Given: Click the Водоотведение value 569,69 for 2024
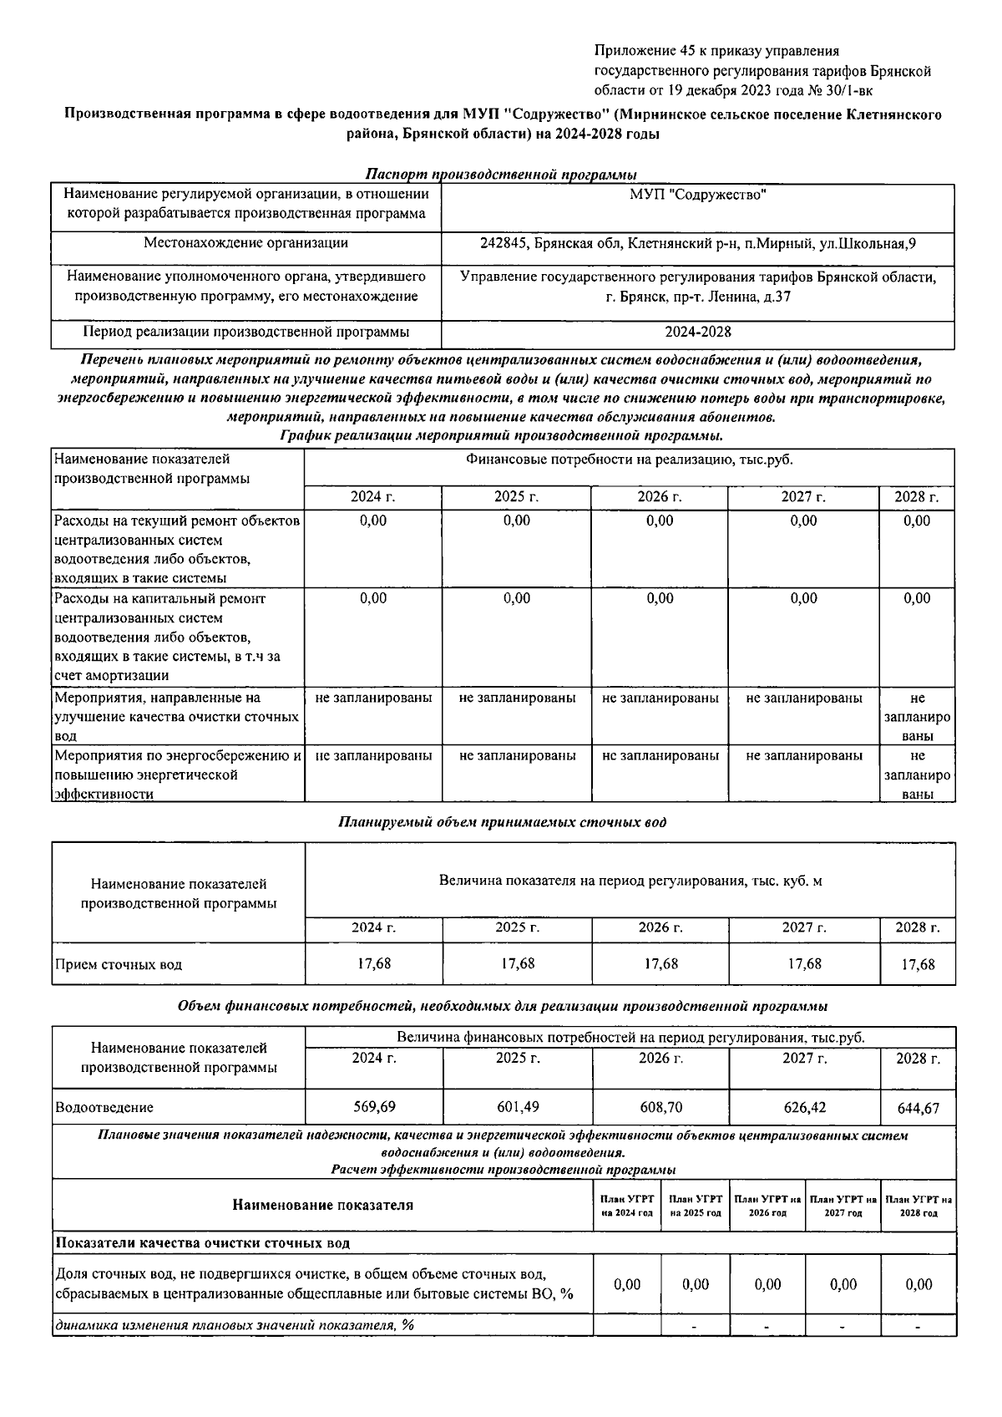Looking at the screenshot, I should (374, 1107).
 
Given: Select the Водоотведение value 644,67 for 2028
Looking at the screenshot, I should (918, 1109).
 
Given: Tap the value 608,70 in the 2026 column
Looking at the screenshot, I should (660, 1107).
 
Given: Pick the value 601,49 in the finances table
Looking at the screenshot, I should (518, 1107).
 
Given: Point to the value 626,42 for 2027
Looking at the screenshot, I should (804, 1107).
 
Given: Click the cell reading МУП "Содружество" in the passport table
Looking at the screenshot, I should (698, 195).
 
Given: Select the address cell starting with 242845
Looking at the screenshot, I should (698, 244).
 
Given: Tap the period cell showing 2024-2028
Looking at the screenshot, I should (698, 332).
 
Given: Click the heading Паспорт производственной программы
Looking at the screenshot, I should (501, 175).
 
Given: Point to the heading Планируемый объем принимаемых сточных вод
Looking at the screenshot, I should (502, 822).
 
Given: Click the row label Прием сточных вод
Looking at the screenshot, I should (119, 964).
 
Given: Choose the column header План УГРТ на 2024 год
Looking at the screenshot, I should (626, 1205).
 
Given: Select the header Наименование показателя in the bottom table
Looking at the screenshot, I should (322, 1205).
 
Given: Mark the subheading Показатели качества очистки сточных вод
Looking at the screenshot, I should (202, 1243).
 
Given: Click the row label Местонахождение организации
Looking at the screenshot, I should (245, 243).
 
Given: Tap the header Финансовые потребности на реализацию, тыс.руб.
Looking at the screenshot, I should (630, 460).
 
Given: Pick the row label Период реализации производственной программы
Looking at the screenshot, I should (245, 332).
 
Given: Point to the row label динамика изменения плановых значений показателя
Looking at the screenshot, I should (235, 1325).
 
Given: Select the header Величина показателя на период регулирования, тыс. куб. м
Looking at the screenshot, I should (630, 881).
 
